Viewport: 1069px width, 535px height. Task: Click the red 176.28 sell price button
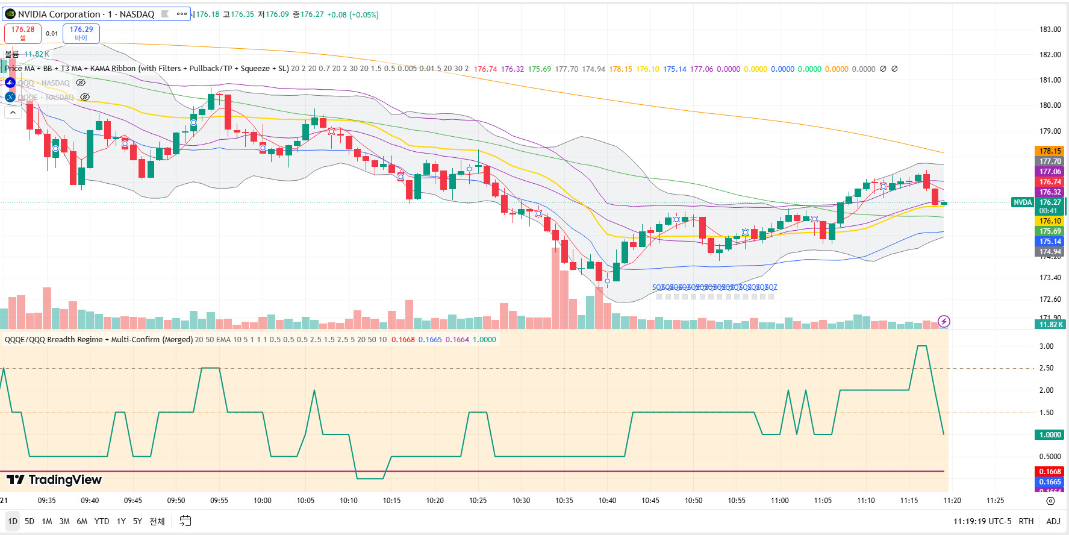(23, 33)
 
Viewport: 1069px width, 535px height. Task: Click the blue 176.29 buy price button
(81, 33)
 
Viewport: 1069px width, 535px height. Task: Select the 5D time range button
(30, 521)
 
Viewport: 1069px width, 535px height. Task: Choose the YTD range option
(102, 521)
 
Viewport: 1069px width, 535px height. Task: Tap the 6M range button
(82, 521)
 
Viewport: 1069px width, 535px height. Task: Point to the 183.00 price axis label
(1050, 30)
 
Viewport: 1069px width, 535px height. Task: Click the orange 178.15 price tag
(1050, 151)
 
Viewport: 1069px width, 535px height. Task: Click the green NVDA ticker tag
(1023, 202)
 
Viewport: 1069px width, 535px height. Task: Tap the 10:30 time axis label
(521, 501)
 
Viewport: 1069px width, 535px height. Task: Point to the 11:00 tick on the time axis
(779, 501)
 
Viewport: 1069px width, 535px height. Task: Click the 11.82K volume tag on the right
(1050, 325)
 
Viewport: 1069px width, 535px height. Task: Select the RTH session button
(1026, 521)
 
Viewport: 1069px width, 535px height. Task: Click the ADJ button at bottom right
(1053, 521)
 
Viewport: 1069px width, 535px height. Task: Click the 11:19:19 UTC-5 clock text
(982, 521)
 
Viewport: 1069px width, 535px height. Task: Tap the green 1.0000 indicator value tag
(1050, 435)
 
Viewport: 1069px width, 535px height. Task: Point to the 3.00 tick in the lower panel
(1046, 346)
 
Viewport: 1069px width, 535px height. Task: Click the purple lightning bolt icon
(944, 322)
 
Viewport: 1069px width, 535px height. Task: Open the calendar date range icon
(185, 521)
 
